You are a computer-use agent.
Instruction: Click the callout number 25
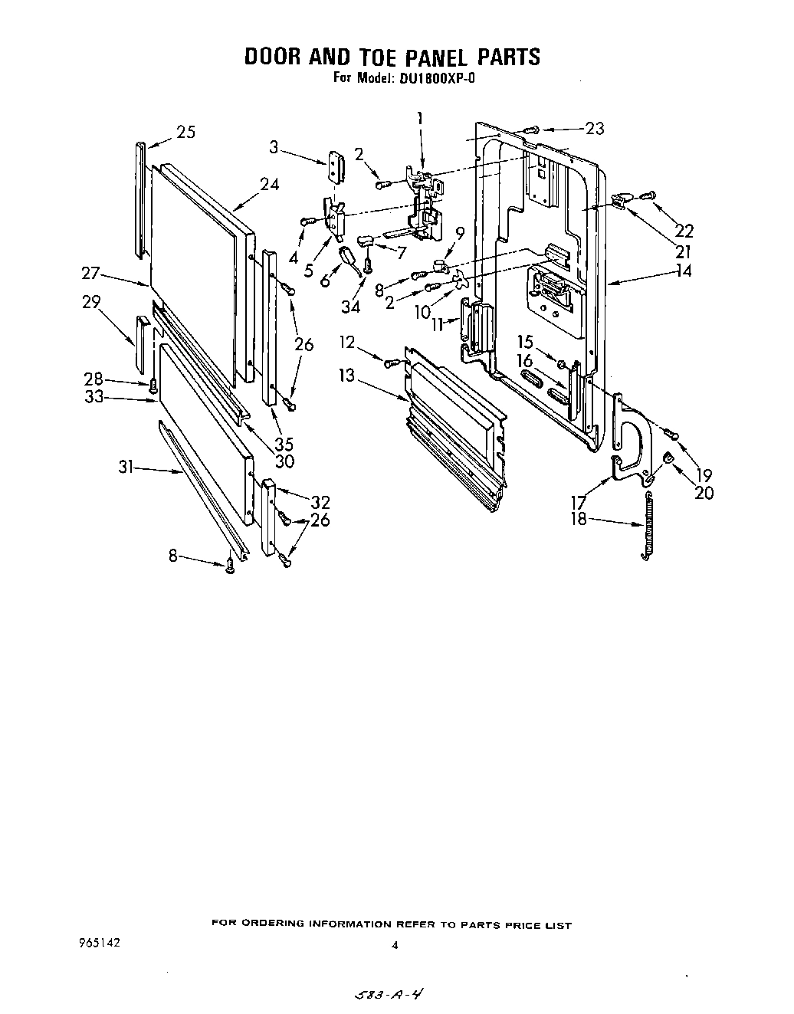coord(185,132)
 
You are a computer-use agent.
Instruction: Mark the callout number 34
coord(349,307)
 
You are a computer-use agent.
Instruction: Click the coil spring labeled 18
coord(648,527)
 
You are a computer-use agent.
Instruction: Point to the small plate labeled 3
coord(336,166)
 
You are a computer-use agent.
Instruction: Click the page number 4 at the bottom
coord(395,945)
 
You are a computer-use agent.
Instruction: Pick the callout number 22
coord(684,230)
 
